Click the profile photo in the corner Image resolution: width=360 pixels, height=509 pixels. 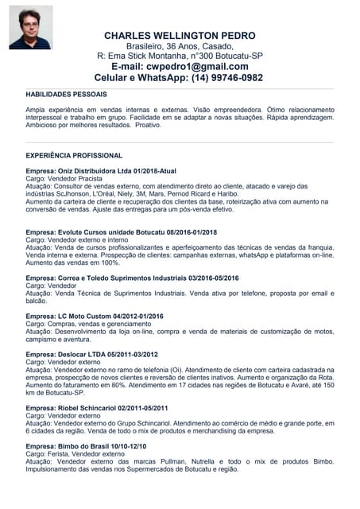(x=31, y=27)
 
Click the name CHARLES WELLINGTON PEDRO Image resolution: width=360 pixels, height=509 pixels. (x=180, y=36)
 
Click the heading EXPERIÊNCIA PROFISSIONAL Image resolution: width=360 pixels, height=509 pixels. (x=74, y=156)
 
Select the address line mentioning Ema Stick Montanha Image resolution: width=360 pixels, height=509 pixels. (x=180, y=56)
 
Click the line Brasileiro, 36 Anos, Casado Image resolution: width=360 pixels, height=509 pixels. (x=180, y=47)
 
